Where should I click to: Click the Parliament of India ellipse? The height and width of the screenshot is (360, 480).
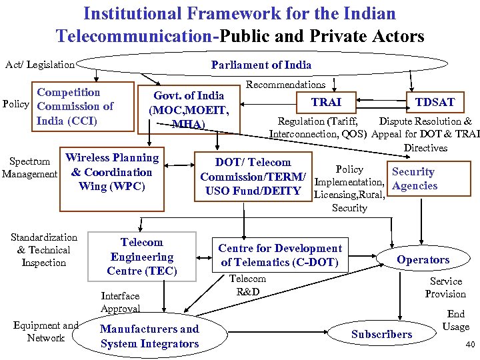(261, 65)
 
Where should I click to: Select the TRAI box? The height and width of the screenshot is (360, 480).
(327, 101)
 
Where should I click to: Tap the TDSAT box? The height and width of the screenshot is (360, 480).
(435, 101)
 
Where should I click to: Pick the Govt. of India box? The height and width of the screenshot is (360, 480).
(189, 109)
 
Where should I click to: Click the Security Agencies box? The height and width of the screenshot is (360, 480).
(414, 179)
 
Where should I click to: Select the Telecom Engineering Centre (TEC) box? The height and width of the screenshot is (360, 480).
(142, 257)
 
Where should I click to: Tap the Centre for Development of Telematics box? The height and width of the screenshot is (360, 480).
(280, 255)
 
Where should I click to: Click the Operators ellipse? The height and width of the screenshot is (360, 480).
(423, 259)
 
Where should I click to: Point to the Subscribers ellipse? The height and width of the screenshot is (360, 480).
(381, 334)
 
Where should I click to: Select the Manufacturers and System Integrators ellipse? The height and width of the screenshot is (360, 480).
(149, 336)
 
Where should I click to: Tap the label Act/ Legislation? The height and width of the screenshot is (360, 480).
(40, 65)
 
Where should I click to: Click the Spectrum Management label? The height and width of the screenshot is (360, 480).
(29, 167)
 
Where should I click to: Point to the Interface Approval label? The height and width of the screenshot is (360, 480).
(120, 302)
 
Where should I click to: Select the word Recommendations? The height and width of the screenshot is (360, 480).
(285, 85)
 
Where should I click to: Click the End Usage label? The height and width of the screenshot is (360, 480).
(456, 320)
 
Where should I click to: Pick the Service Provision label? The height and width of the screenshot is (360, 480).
(445, 287)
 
